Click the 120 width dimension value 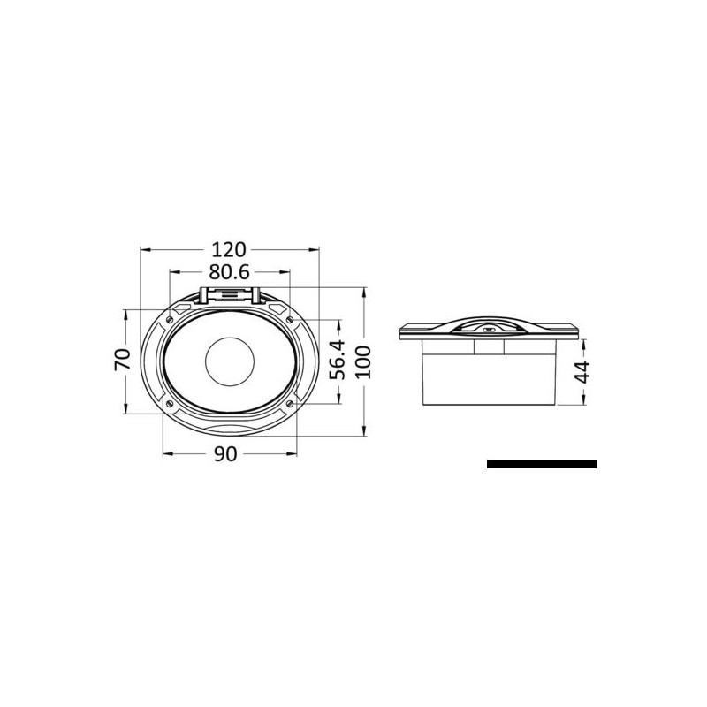pyautogui.click(x=229, y=249)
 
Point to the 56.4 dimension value pyautogui.click(x=337, y=361)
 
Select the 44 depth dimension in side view pyautogui.click(x=582, y=371)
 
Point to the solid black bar pyautogui.click(x=541, y=464)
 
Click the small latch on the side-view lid pyautogui.click(x=488, y=330)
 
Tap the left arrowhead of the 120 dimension pyautogui.click(x=144, y=250)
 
